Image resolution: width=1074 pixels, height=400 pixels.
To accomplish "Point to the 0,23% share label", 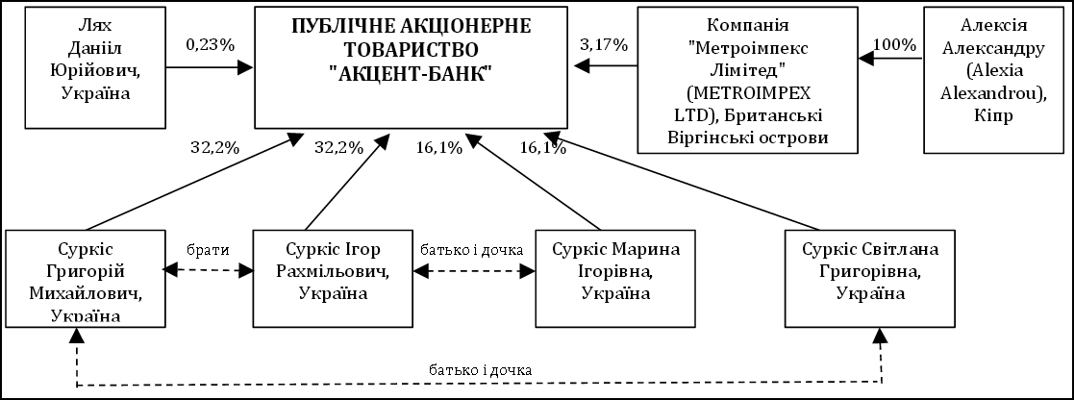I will pyautogui.click(x=209, y=45).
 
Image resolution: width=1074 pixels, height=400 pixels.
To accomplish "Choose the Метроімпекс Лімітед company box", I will pyautogui.click(x=747, y=80).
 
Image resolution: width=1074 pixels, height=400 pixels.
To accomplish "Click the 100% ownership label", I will pyautogui.click(x=893, y=45).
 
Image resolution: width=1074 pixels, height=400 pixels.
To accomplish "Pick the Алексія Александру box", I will pyautogui.click(x=992, y=80).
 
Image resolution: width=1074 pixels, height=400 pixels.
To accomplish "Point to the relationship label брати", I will pyautogui.click(x=207, y=249).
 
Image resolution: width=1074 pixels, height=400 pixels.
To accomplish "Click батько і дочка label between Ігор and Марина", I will pyautogui.click(x=472, y=249).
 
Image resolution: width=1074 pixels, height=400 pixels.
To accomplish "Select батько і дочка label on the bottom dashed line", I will pyautogui.click(x=481, y=368).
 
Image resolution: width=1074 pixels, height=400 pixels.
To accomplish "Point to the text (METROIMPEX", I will pyautogui.click(x=750, y=94).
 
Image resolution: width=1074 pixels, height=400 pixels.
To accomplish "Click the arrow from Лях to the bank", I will pyautogui.click(x=209, y=67).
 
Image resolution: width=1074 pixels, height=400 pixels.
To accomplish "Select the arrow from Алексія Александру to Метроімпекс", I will pyautogui.click(x=890, y=60).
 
